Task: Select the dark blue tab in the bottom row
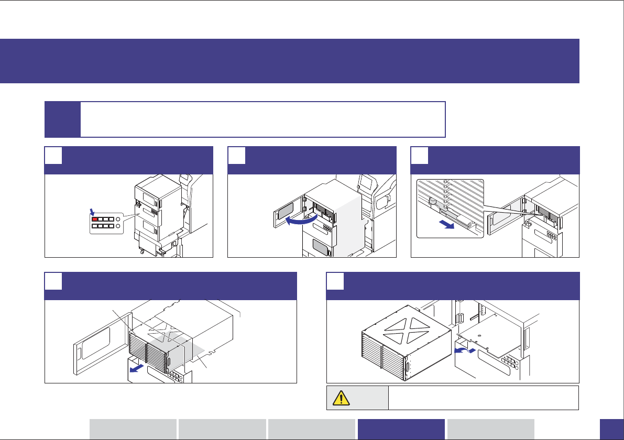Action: pyautogui.click(x=401, y=429)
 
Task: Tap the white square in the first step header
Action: pyautogui.click(x=53, y=156)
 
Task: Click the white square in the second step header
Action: pyautogui.click(x=237, y=156)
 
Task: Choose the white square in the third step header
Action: pyautogui.click(x=420, y=156)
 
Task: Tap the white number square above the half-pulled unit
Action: pyautogui.click(x=53, y=281)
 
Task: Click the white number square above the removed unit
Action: pyautogui.click(x=335, y=281)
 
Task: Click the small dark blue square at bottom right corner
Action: pyautogui.click(x=611, y=429)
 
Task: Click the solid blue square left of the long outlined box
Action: pyautogui.click(x=63, y=119)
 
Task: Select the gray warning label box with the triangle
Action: pyautogui.click(x=357, y=398)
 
